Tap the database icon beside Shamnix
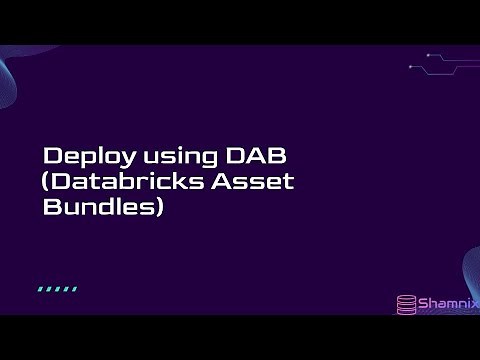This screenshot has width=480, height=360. [406, 302]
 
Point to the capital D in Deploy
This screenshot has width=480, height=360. [52, 157]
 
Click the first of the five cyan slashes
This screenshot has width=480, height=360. [41, 289]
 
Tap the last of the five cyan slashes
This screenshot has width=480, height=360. [74, 289]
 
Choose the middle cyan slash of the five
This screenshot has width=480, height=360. [57, 289]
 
